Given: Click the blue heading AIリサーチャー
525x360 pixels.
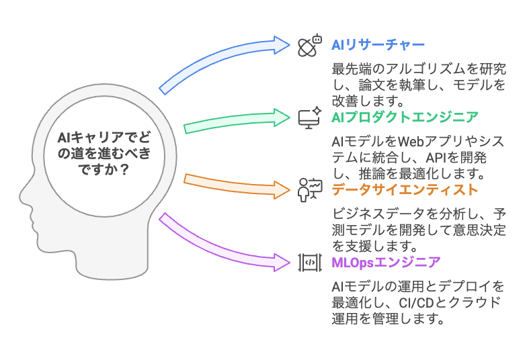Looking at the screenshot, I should pos(378,45).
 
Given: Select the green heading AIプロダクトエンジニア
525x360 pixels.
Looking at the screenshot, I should pos(405,118).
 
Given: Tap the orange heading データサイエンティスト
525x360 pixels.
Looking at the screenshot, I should pos(405,189).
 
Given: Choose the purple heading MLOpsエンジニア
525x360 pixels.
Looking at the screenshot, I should pos(387,262).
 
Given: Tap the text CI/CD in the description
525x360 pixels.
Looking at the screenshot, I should pos(409,302).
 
